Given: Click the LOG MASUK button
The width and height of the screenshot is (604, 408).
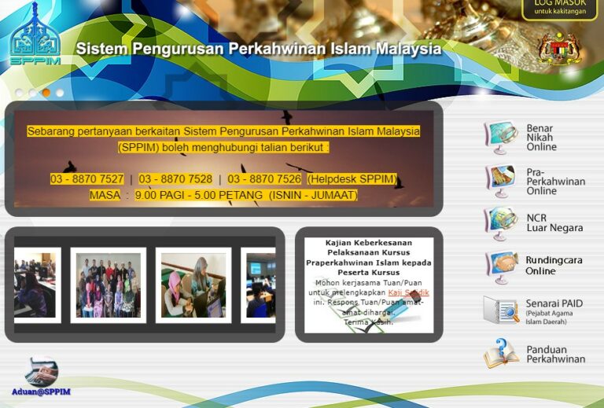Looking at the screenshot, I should click(559, 8).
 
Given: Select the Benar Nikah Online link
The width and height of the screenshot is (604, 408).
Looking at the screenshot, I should click(540, 138).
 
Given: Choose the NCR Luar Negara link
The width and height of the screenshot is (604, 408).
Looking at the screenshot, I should click(554, 222).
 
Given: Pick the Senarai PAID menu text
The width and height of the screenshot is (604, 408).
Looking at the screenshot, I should click(554, 303).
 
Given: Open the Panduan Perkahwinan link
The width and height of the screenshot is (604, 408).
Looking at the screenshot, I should click(555, 354).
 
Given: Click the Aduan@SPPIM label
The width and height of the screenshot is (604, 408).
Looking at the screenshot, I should click(41, 391).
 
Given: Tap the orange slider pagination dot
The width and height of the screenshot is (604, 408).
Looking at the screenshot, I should click(46, 93).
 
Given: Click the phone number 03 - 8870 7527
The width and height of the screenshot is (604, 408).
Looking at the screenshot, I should click(87, 179).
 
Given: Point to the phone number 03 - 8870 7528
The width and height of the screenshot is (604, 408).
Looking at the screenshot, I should click(175, 179).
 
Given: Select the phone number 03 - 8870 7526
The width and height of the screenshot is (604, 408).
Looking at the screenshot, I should click(264, 179).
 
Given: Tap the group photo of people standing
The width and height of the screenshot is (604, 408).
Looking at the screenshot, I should click(108, 285).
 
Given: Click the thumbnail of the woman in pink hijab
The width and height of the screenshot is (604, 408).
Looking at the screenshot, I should click(193, 285).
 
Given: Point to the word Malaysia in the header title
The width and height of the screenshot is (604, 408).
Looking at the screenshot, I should click(408, 49).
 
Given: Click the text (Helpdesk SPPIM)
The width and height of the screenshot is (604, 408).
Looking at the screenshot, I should click(352, 179).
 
